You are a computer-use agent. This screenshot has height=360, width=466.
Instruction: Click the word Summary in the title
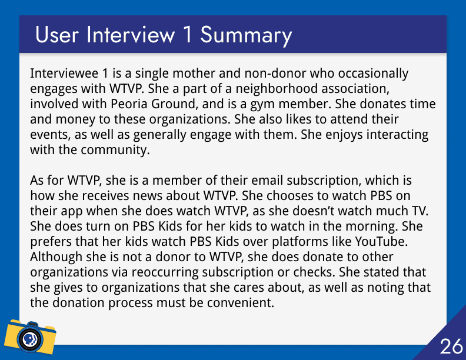(x=246, y=35)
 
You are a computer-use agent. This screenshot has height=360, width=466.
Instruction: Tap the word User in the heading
(x=57, y=35)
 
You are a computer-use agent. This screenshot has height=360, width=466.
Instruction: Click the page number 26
(x=451, y=346)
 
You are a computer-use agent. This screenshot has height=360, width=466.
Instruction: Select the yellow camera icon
(x=30, y=336)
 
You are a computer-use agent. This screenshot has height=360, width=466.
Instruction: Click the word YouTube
(x=381, y=242)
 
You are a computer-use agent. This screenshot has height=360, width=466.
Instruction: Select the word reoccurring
(x=165, y=273)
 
